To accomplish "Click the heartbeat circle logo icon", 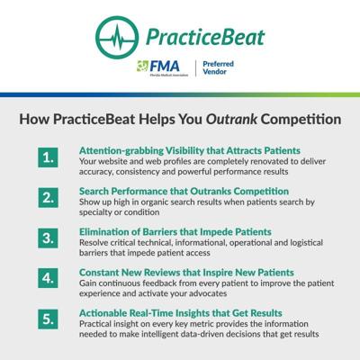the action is click(117, 38).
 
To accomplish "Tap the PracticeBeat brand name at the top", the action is click(205, 38).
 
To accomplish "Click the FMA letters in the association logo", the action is click(165, 67).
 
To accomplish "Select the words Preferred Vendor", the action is click(218, 67).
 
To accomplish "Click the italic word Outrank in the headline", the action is click(231, 119).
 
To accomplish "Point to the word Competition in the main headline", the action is click(301, 120).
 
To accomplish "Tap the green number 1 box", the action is click(48, 157).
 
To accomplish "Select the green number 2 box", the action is click(48, 198).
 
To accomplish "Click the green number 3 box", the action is click(48, 238).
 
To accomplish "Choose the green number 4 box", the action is click(48, 278).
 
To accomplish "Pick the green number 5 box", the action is click(48, 319).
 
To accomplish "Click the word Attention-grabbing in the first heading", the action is click(121, 151).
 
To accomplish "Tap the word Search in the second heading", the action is click(94, 192).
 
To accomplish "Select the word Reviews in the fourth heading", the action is click(162, 273).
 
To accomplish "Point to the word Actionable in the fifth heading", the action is click(103, 313).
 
